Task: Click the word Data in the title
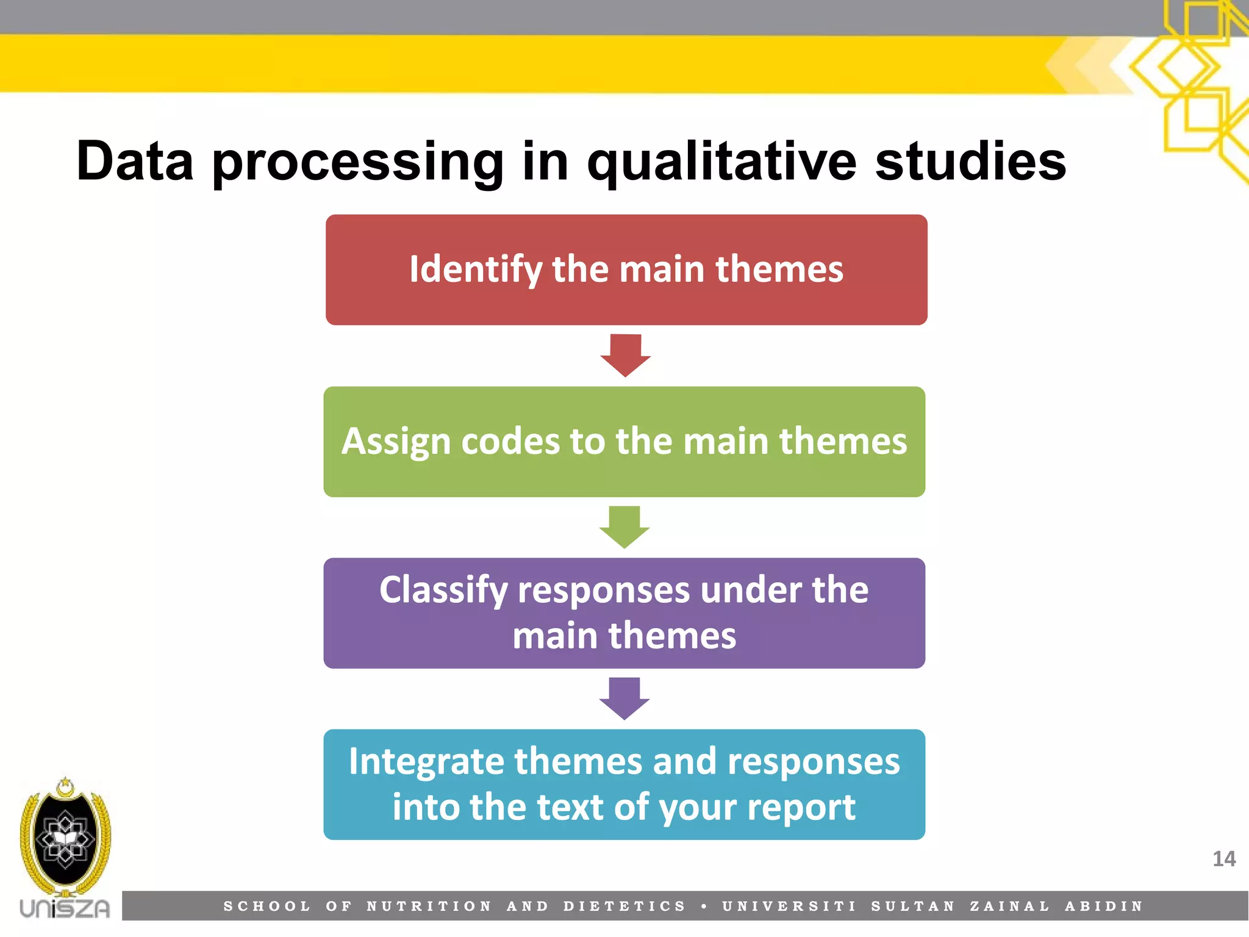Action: [135, 161]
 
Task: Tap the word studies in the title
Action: [970, 161]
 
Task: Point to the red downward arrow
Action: [625, 355]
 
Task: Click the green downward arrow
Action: [624, 526]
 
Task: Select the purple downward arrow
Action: [624, 698]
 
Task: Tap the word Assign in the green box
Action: [396, 442]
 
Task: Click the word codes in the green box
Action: [510, 441]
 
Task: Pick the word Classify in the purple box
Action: [443, 591]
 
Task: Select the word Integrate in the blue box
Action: [427, 762]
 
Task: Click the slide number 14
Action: [1223, 859]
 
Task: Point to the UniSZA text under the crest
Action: [65, 908]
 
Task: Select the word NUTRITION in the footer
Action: [429, 906]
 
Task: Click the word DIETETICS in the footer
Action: [624, 906]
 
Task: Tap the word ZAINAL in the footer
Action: [1010, 906]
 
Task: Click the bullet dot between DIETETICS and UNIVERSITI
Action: [704, 906]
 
